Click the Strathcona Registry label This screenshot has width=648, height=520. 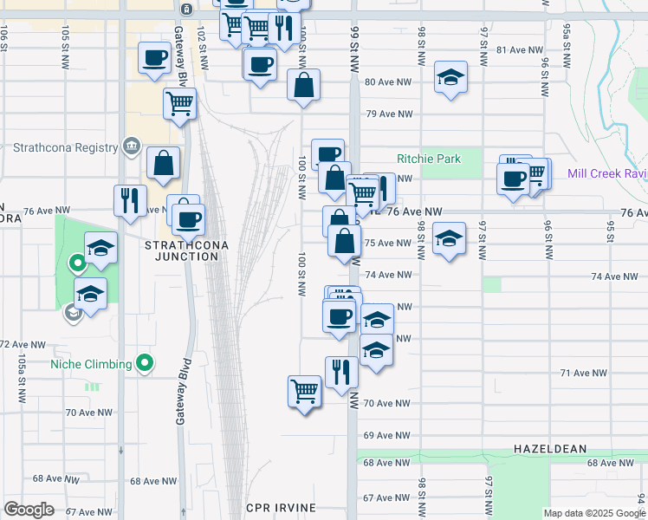click(x=65, y=147)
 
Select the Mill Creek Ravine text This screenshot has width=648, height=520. click(x=607, y=173)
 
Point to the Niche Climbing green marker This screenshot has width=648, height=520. click(x=145, y=364)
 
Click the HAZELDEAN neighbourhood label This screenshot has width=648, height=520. click(x=550, y=449)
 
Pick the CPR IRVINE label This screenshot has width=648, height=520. click(x=279, y=507)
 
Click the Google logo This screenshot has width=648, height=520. click(x=29, y=509)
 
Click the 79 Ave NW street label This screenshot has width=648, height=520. click(x=386, y=114)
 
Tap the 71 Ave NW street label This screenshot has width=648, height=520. click(x=584, y=373)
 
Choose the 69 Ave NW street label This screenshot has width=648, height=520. click(x=386, y=435)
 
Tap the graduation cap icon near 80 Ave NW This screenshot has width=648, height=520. click(x=450, y=76)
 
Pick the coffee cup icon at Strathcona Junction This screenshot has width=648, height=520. click(x=188, y=217)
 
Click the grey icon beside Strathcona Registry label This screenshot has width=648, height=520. click(x=132, y=146)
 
